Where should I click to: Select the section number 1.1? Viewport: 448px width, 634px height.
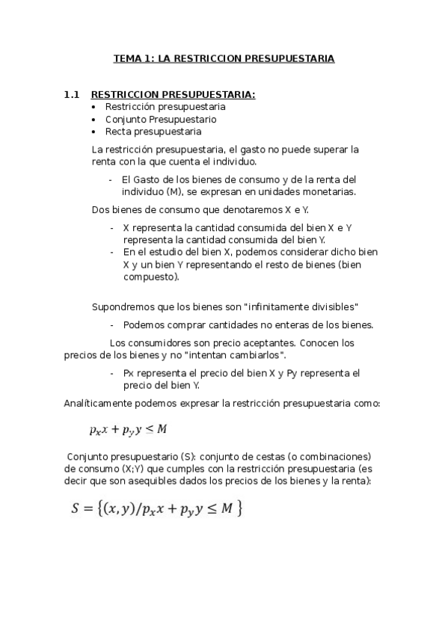click(72, 95)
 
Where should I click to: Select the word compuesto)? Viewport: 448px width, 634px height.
click(151, 277)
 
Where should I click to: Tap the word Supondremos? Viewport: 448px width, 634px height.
click(120, 307)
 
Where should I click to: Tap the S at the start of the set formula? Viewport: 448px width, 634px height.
click(75, 509)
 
